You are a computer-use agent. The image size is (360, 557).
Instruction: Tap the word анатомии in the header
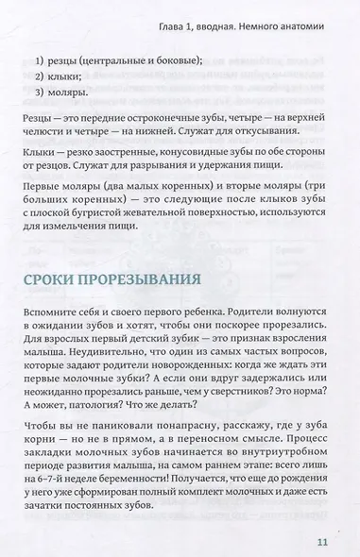(x=300, y=22)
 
